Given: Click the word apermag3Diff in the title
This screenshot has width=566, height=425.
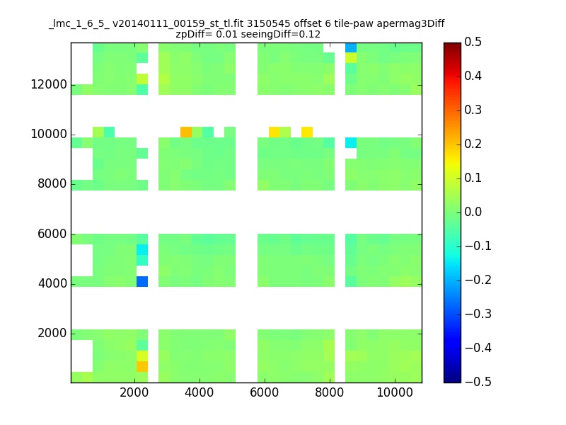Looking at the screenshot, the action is (410, 24).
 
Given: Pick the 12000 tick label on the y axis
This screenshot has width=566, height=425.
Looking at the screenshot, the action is (49, 84).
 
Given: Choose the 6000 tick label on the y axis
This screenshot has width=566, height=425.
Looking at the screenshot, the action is (52, 234).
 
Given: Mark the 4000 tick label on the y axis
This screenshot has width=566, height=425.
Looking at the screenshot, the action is (52, 283).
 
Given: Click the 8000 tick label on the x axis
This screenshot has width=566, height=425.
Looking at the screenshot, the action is (329, 392).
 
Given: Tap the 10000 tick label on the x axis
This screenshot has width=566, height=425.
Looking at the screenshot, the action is (395, 392).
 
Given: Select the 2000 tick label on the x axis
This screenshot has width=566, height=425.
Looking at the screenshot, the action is (134, 392).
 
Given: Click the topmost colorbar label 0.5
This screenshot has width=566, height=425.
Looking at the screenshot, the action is (473, 42).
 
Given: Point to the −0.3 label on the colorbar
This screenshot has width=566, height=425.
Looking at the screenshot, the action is (478, 314).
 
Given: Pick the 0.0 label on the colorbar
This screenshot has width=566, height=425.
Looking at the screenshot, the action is (473, 212).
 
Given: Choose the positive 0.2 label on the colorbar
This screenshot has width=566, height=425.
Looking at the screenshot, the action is (473, 144).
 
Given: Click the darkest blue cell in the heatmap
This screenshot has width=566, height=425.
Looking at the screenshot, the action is (142, 281).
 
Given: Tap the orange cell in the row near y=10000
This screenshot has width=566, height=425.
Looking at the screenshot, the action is (186, 132).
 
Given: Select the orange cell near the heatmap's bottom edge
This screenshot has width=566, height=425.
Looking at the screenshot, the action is (142, 366).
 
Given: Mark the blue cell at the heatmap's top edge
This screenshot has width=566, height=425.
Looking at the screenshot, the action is (351, 47).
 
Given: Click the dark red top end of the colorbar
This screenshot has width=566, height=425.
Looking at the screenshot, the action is (452, 46).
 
